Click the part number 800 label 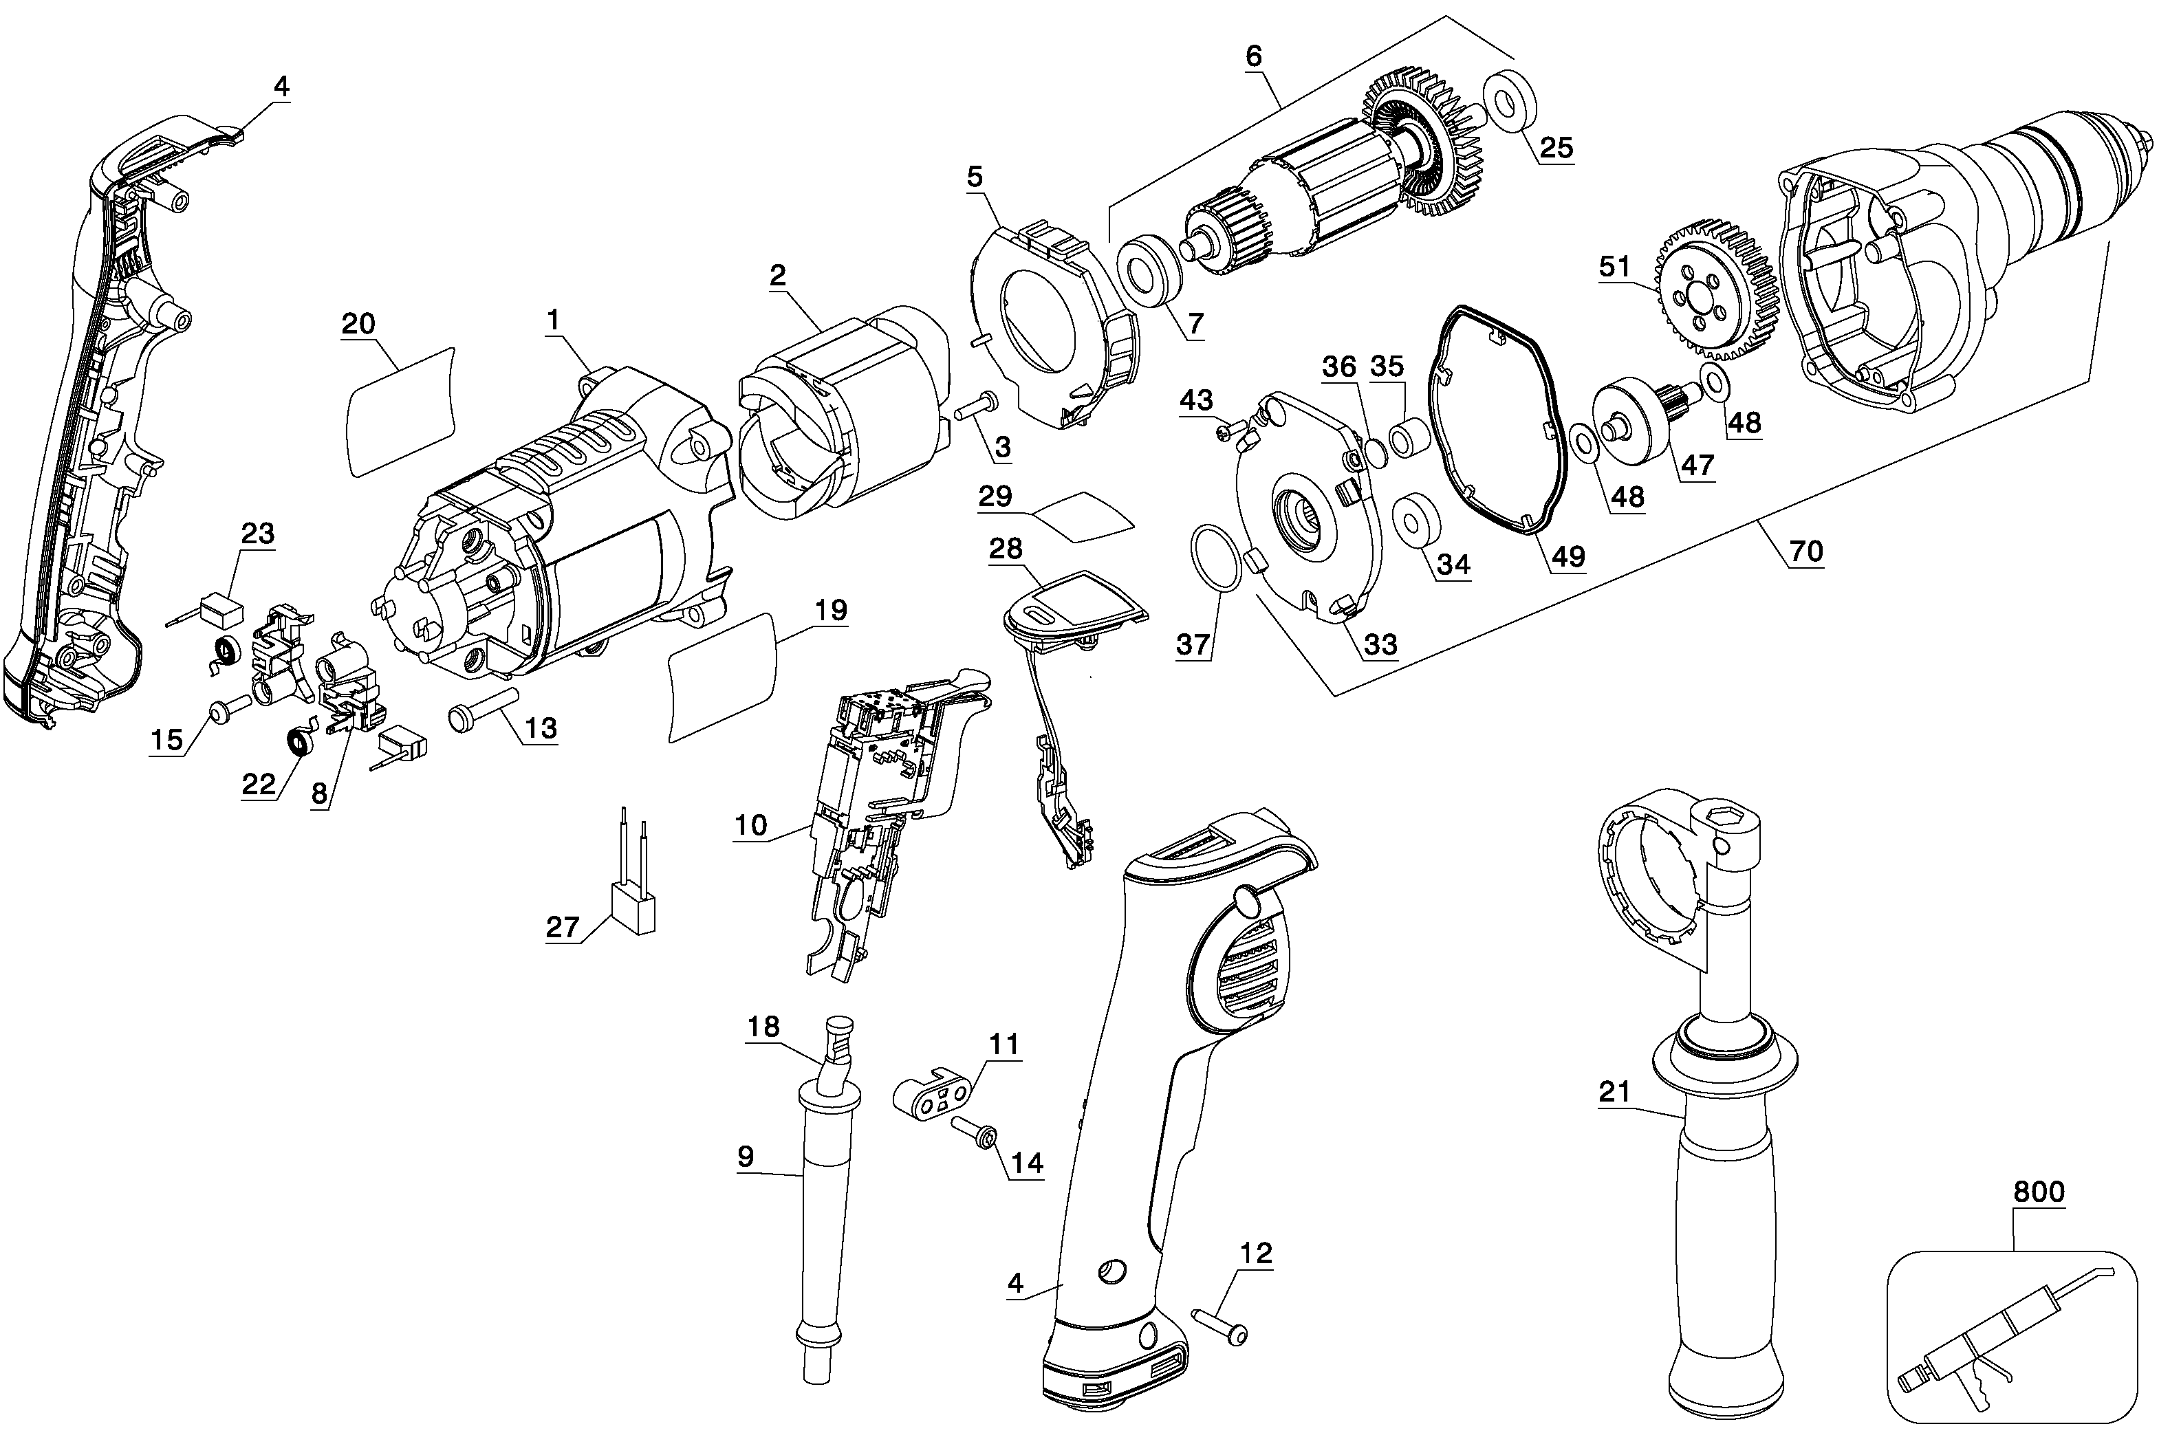pyautogui.click(x=2039, y=1192)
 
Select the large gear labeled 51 pyautogui.click(x=1714, y=292)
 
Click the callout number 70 pyautogui.click(x=1805, y=550)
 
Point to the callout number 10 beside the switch pyautogui.click(x=750, y=824)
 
